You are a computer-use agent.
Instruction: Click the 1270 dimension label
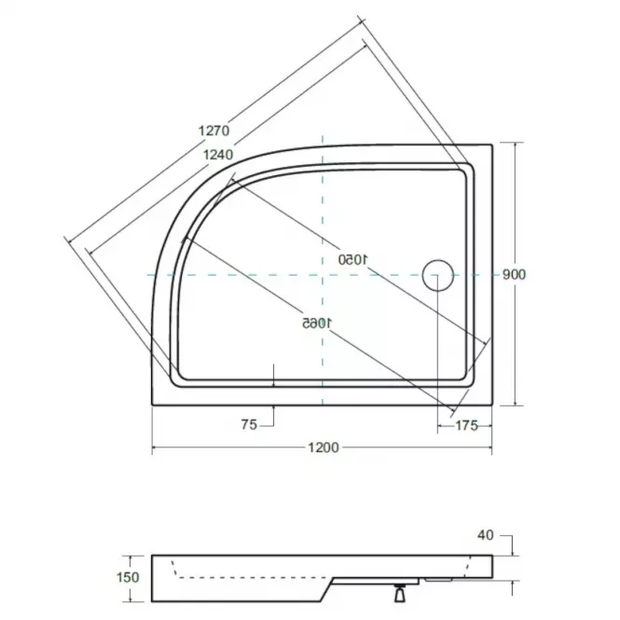(x=214, y=131)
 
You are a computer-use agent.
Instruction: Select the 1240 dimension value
(x=218, y=155)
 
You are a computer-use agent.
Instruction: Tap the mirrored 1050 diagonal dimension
(x=353, y=260)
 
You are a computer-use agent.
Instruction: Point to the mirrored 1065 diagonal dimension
(x=317, y=323)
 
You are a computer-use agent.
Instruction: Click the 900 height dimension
(x=514, y=274)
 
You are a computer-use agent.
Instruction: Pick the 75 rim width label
(x=250, y=424)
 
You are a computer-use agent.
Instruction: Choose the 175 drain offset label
(x=466, y=425)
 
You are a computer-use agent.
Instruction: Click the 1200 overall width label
(x=324, y=448)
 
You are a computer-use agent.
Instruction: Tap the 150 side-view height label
(x=128, y=577)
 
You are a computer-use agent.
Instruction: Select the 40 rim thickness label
(x=486, y=535)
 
